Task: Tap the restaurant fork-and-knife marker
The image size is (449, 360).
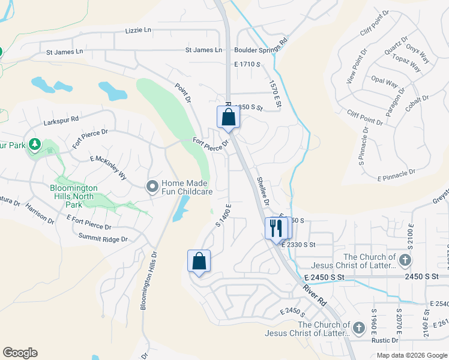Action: pyautogui.click(x=276, y=229)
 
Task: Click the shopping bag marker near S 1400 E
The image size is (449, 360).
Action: pyautogui.click(x=199, y=262)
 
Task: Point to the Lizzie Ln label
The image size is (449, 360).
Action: pyautogui.click(x=139, y=30)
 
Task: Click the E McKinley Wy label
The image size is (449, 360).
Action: pyautogui.click(x=109, y=167)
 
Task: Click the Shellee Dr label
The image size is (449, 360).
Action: pyautogui.click(x=263, y=189)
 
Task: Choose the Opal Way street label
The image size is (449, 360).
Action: pyautogui.click(x=385, y=83)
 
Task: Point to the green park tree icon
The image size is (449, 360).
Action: pyautogui.click(x=35, y=144)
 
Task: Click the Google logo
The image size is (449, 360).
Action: pyautogui.click(x=20, y=352)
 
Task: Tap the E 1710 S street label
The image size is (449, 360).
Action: pyautogui.click(x=247, y=64)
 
